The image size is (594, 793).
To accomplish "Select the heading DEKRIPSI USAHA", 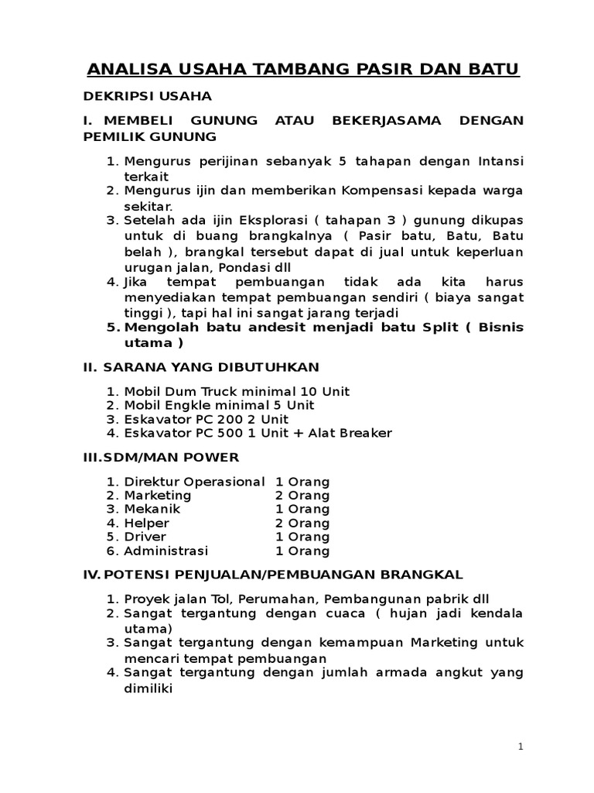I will click(x=147, y=97).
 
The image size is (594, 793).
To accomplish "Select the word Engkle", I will click(x=209, y=405).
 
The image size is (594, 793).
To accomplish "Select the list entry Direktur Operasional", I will click(x=194, y=482).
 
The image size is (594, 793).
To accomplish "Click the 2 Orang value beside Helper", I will click(x=302, y=524).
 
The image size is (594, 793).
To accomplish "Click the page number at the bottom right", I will click(x=521, y=747).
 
